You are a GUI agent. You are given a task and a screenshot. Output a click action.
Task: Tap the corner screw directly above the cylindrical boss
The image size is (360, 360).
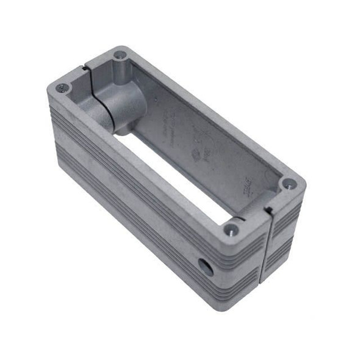coord(121,56)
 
